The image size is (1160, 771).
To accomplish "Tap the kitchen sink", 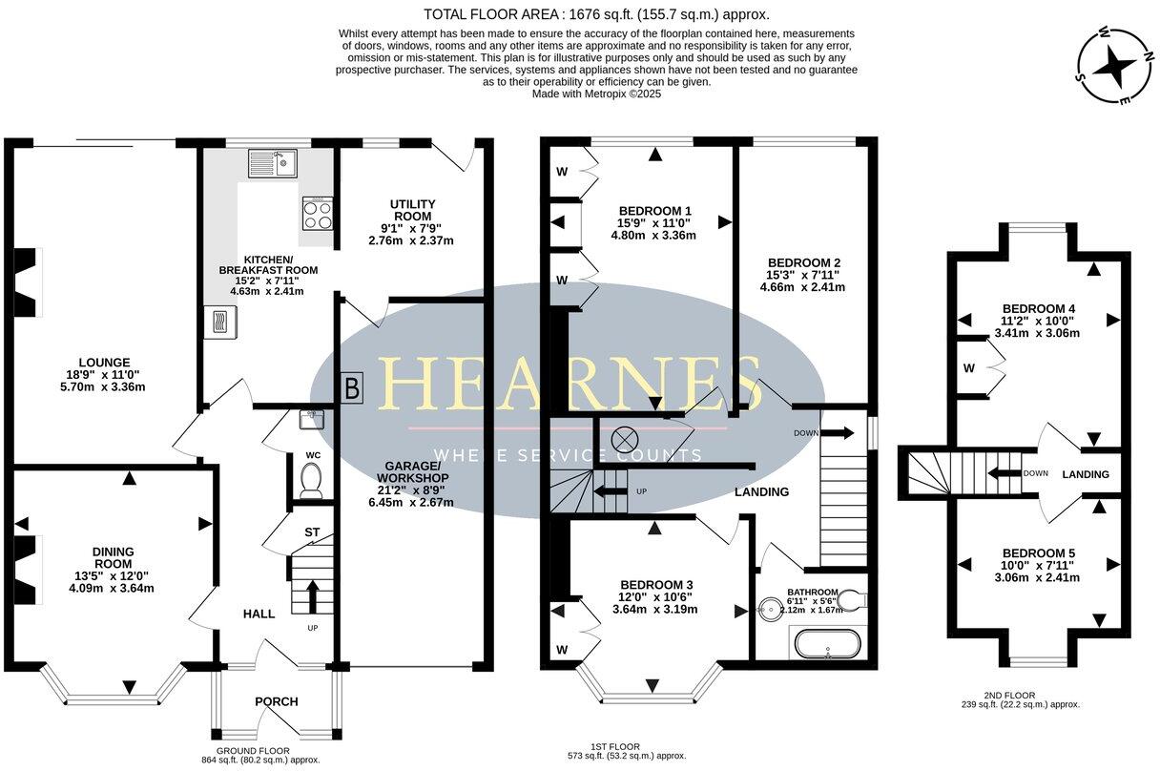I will point(274,163).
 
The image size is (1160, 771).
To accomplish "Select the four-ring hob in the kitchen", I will point(319,214).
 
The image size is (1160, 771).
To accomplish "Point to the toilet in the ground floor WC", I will point(310,480).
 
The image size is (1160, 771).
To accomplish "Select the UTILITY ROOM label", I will point(412,204).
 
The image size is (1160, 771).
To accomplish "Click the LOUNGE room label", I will point(104,363).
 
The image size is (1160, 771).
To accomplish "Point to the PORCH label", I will point(276,701).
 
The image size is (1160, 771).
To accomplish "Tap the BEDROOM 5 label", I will point(1038,553).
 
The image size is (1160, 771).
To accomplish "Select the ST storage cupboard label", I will point(312,531).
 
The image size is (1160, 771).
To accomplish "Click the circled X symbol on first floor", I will point(624,439).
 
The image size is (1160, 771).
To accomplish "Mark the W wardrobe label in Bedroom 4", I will point(969,367).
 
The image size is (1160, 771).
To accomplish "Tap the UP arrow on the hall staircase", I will point(312,599).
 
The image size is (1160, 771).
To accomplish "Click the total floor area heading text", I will point(595,14).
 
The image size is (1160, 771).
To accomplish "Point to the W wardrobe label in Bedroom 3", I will point(561,650).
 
